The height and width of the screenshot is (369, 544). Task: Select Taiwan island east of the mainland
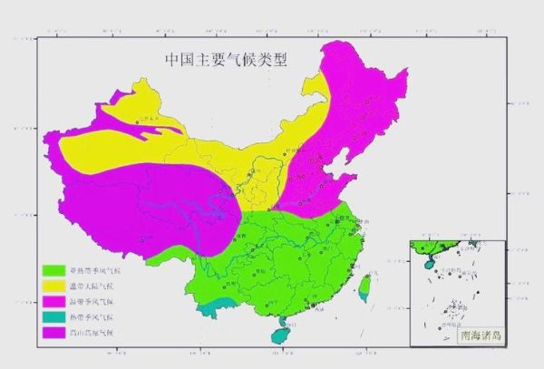(x=365, y=286)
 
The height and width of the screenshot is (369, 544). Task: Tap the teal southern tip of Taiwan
(x=364, y=297)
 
